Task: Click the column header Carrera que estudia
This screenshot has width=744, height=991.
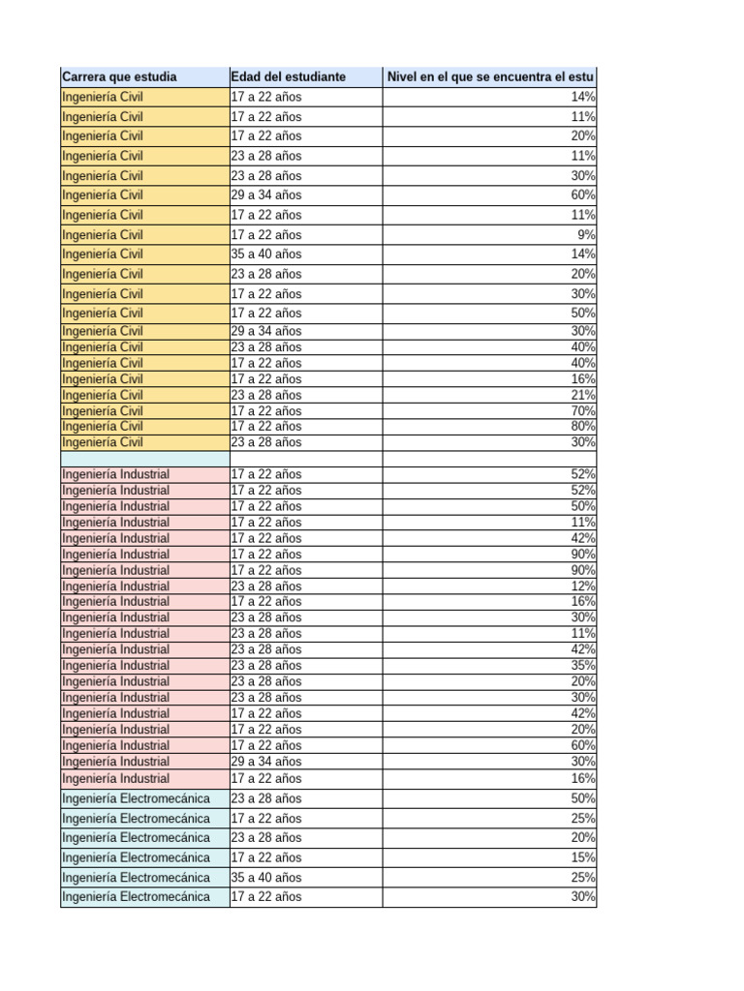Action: (x=119, y=75)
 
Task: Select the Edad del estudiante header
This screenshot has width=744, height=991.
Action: (x=288, y=75)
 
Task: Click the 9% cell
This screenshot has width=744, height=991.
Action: (x=586, y=234)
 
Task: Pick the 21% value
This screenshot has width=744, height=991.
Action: (x=583, y=395)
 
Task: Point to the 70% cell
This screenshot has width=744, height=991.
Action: (x=583, y=411)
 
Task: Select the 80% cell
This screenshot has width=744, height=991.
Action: (x=583, y=426)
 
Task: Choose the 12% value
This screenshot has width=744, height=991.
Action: (x=583, y=586)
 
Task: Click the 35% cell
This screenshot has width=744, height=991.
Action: (x=583, y=666)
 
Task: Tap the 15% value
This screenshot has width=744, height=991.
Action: (x=583, y=857)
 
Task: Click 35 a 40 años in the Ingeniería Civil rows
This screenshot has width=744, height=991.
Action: (x=266, y=255)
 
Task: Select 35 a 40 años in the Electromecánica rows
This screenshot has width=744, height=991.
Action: (x=266, y=878)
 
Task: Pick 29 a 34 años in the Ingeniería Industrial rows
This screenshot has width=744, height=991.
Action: (x=266, y=762)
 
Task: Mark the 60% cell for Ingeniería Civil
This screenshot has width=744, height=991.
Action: (x=583, y=195)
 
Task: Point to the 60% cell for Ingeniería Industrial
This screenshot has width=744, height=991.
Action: (x=583, y=745)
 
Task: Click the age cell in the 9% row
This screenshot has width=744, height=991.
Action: (x=266, y=234)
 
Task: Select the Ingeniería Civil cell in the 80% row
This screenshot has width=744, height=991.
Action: (x=103, y=426)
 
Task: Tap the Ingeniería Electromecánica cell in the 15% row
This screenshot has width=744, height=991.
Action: (x=136, y=857)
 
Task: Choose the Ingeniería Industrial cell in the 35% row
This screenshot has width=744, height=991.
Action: (x=115, y=666)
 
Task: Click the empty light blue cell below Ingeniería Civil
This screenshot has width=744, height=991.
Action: (x=143, y=459)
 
